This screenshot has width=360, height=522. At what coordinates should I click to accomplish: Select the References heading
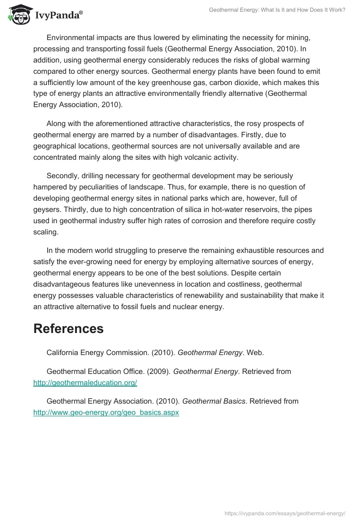68,328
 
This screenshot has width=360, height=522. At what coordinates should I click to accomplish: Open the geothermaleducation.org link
85,383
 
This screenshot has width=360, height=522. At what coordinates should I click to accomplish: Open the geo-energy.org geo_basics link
106,412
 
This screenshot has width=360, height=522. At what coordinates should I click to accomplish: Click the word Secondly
63,175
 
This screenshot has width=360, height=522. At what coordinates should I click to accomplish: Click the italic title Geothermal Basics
214,400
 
